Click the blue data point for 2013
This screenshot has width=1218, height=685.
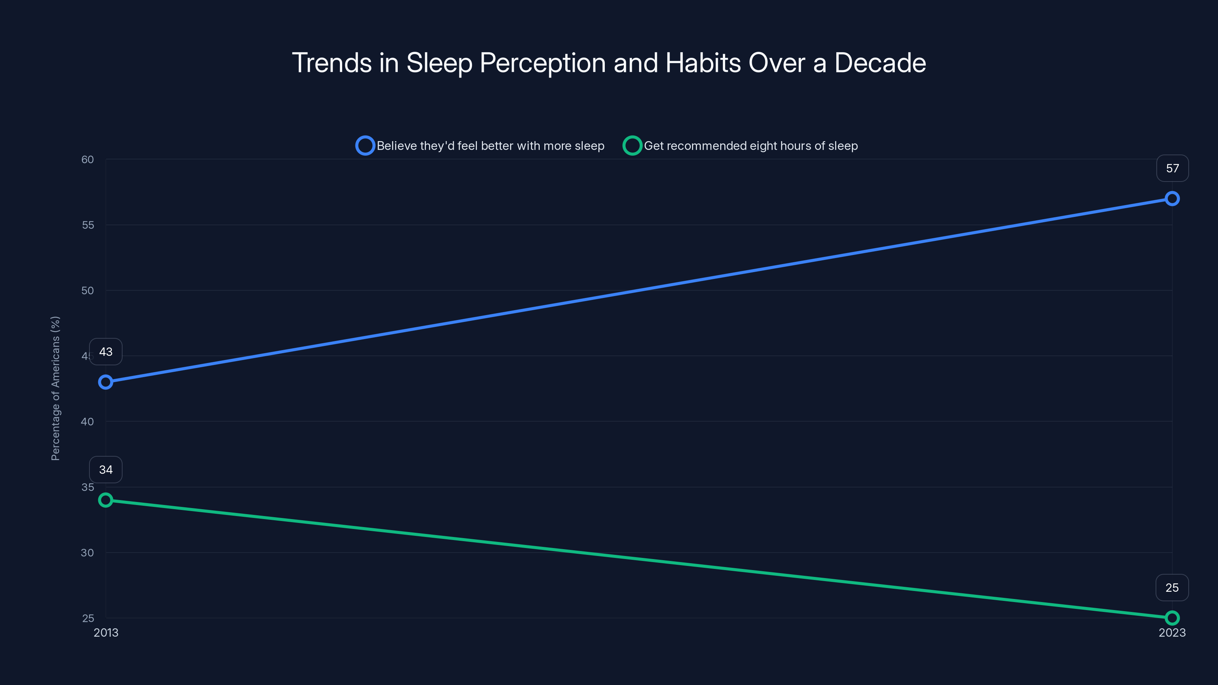105,382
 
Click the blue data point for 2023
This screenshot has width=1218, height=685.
1172,199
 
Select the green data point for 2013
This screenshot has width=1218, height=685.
105,500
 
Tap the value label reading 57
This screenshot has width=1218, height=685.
1172,168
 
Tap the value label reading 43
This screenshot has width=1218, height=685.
105,352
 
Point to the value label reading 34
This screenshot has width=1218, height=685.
105,470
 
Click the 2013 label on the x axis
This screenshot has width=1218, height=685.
105,632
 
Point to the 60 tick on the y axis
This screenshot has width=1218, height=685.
88,159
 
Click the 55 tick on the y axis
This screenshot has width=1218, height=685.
88,225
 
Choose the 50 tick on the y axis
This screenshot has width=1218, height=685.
88,290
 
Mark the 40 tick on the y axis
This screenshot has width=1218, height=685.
88,421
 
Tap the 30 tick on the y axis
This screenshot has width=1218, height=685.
88,552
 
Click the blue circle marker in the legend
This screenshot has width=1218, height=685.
365,146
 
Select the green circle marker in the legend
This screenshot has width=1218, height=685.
632,146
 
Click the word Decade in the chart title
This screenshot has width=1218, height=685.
880,63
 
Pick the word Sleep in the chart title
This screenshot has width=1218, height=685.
439,63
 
